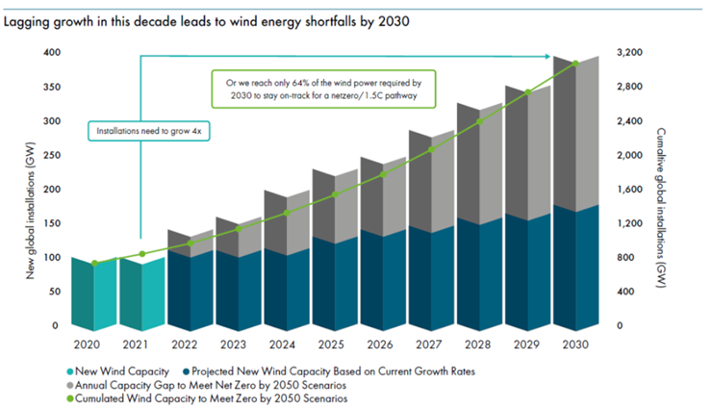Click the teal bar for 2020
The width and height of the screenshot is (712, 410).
click(x=94, y=294)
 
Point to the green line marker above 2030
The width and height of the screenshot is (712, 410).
click(x=575, y=64)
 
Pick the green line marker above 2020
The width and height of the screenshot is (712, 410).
click(x=94, y=263)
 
